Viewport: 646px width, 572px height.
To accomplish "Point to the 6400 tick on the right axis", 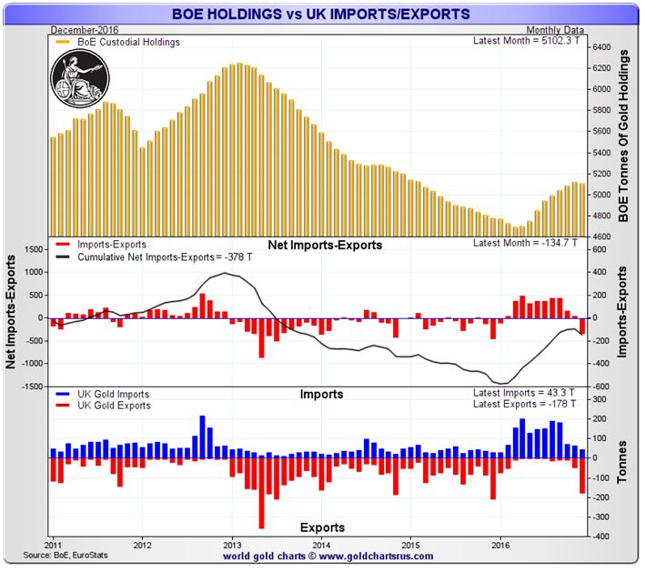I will coord(605,47).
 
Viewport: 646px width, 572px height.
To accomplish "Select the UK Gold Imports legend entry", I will coord(112,395).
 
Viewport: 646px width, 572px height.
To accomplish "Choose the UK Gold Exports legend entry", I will coord(112,406).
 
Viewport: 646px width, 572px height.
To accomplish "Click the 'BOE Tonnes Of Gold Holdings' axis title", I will coord(625,136).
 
